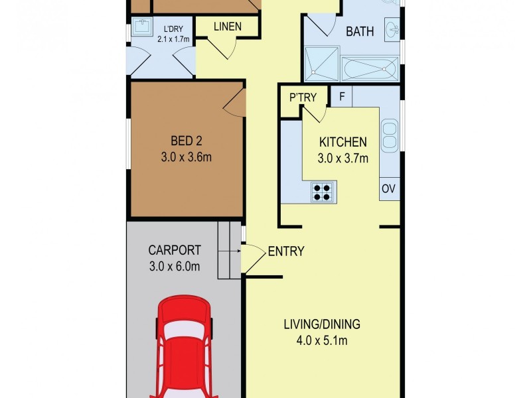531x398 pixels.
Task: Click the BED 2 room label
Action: [187, 141]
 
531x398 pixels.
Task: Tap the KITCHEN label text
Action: [342, 142]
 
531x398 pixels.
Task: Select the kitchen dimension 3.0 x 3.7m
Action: [342, 158]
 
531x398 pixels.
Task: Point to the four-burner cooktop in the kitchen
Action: [322, 192]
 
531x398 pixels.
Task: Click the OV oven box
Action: [389, 188]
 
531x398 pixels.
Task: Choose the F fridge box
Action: [341, 96]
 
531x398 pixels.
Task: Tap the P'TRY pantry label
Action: [303, 98]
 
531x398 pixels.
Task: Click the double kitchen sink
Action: [390, 136]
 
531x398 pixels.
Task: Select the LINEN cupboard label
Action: [228, 27]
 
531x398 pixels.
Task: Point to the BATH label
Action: [360, 31]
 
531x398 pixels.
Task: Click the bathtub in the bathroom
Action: [370, 69]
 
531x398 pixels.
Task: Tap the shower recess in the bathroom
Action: [322, 64]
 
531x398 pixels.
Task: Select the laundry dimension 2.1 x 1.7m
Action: [173, 39]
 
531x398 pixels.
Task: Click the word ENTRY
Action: [286, 251]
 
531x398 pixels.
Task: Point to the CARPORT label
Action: [175, 250]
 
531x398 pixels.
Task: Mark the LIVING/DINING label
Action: [322, 324]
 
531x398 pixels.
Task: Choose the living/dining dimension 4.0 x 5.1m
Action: [322, 340]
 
